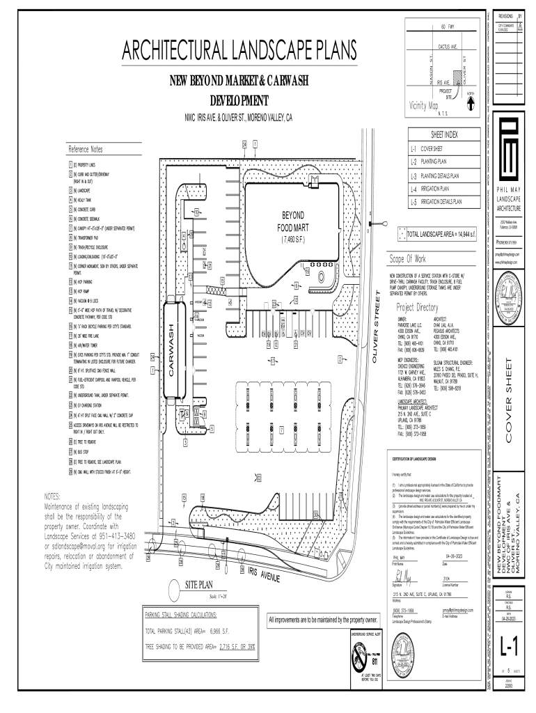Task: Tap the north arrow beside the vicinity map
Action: point(471,100)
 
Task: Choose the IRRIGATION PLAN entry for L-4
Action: point(439,189)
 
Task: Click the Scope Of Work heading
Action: point(413,259)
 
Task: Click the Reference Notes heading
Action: point(86,150)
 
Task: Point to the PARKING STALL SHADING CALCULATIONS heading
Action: point(180,616)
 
